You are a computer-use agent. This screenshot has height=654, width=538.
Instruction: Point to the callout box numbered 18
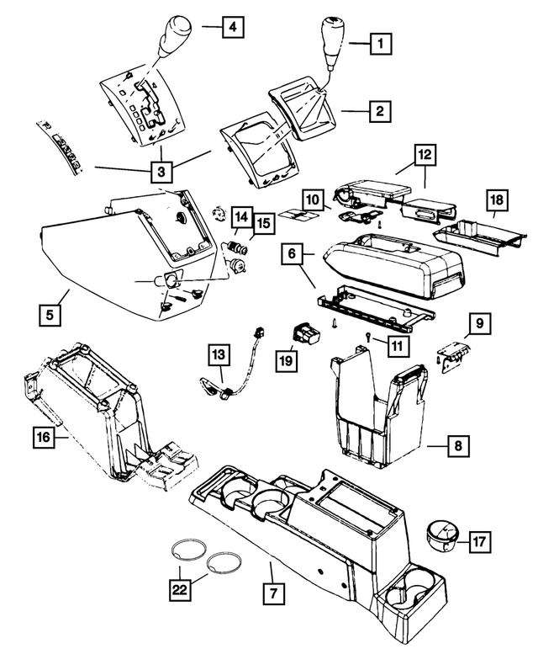498,200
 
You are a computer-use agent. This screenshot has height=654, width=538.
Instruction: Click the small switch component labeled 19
306,335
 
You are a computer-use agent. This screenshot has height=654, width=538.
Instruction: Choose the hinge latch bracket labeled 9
454,353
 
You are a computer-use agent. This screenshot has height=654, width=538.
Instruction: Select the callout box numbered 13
218,357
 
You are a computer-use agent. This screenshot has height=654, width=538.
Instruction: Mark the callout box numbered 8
458,445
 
